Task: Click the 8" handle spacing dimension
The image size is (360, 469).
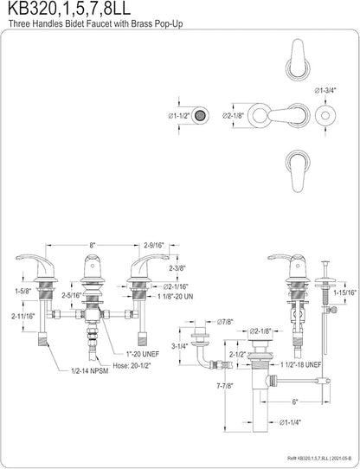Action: click(x=93, y=246)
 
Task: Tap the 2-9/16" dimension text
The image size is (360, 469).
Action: click(x=154, y=246)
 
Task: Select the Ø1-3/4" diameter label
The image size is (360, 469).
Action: click(x=325, y=91)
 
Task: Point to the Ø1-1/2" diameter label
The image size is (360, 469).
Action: click(x=179, y=116)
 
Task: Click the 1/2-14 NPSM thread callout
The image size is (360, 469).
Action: click(x=90, y=371)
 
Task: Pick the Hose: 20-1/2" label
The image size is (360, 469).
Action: click(x=132, y=365)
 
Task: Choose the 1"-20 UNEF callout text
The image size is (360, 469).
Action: click(x=142, y=354)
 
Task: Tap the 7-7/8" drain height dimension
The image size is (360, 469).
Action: click(x=224, y=386)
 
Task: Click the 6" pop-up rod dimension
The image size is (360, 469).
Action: click(x=295, y=402)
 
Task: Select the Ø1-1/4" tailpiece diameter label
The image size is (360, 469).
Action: click(x=290, y=422)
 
